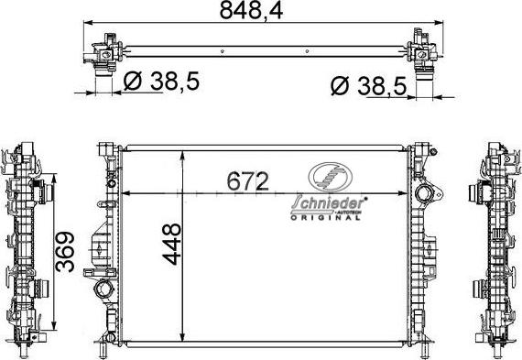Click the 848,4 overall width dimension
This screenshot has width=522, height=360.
[262, 12]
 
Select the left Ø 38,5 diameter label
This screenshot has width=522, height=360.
[160, 82]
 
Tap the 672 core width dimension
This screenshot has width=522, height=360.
[246, 181]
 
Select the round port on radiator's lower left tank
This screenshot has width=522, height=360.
[103, 291]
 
